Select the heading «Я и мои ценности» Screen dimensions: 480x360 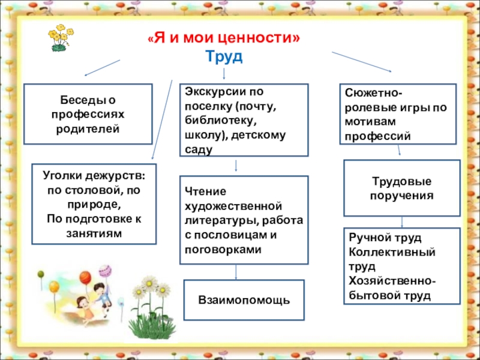[x=224, y=40]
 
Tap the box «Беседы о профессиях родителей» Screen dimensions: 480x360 [x=88, y=113]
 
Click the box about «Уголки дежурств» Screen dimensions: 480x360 [x=94, y=204]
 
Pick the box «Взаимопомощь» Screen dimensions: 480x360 [x=244, y=299]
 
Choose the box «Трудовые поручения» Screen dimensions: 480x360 [x=401, y=188]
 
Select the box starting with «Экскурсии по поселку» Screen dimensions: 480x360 [x=244, y=120]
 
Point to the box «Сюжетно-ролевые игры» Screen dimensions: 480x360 [x=398, y=113]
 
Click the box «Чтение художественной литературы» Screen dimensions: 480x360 [x=244, y=220]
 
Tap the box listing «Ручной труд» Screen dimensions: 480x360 [x=401, y=266]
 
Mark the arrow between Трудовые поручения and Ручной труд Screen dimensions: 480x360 [x=401, y=221]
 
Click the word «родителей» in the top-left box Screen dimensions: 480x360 [x=88, y=128]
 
